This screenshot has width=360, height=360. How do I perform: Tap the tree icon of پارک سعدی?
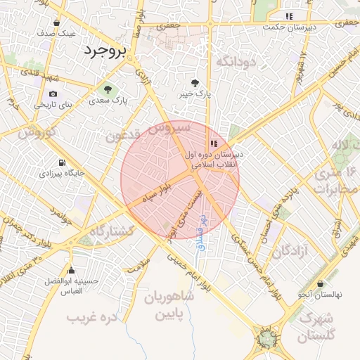click(x=108, y=89)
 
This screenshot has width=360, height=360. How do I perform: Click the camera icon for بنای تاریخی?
click(x=53, y=94)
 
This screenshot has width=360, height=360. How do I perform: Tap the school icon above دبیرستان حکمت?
click(x=288, y=16)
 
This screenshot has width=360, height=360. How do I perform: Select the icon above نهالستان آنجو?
click(x=320, y=283)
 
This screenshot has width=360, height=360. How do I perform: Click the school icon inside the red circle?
click(x=213, y=143)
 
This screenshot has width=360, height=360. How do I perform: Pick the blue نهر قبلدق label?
click(x=201, y=233)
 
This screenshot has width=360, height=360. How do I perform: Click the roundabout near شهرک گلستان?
click(x=267, y=340)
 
